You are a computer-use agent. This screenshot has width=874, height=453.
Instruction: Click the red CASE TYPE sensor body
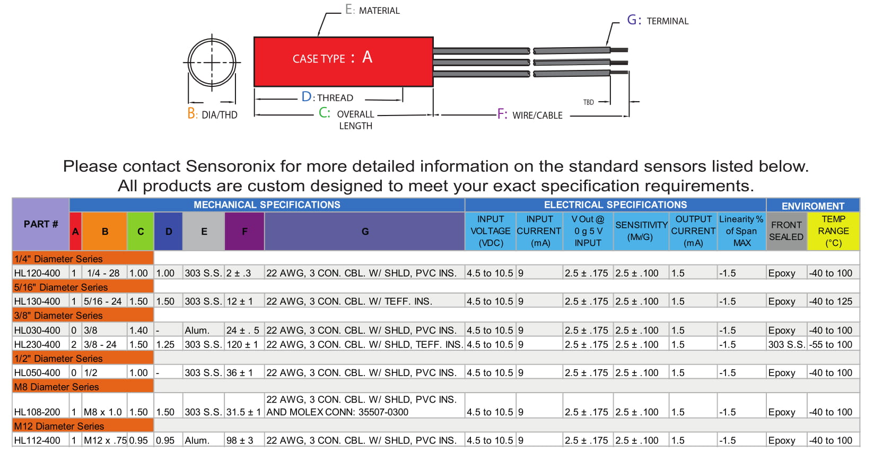pos(343,61)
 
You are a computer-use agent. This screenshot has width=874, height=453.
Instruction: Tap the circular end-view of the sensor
pos(212,63)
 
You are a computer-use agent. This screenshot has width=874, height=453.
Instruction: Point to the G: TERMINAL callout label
pos(658,21)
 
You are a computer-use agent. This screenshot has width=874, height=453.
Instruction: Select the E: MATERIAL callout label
pos(372,10)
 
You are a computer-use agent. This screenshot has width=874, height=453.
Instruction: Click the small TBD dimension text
pos(588,102)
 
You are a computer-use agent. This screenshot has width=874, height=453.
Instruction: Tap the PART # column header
pos(41,224)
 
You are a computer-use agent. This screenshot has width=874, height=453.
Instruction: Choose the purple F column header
pos(244,232)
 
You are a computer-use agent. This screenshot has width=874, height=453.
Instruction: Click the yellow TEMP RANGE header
pos(833,231)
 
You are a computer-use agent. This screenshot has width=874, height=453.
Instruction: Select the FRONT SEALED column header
pos(786,231)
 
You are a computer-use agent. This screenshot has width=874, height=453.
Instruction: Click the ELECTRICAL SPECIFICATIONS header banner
pos(615,205)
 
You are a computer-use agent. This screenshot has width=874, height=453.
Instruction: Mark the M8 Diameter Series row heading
pos(57,387)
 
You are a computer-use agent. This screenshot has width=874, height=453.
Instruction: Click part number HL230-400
pos(37,344)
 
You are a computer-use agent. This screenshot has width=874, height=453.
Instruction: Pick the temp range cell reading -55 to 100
pos(831,344)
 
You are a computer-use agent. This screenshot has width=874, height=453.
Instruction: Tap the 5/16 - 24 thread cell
pos(103,301)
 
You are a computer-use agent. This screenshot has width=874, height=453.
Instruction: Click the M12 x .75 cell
pos(105,440)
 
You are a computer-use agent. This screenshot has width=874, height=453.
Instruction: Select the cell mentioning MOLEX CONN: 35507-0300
pos(361,406)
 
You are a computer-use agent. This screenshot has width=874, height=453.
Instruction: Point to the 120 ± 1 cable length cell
pos(242,344)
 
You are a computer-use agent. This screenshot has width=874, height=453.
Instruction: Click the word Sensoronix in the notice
pos(230,166)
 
